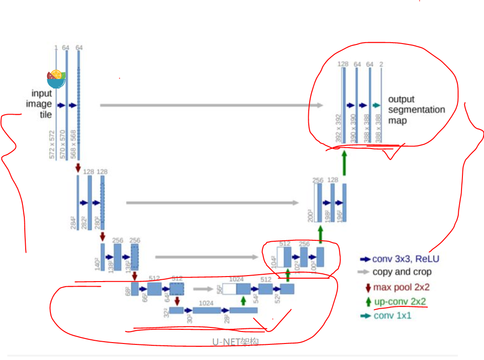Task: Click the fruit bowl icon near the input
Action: pos(56,79)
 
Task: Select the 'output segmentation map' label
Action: pos(416,110)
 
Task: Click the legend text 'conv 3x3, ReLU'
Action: pos(406,259)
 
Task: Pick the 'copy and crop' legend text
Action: pos(402,272)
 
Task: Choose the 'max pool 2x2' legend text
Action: pos(401,288)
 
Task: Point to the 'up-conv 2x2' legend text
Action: pos(400,302)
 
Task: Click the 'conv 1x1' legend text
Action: pos(393,316)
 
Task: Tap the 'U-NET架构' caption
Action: pos(235,342)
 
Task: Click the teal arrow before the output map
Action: pos(377,105)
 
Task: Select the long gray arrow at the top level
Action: pos(211,105)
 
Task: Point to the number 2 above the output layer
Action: pos(381,64)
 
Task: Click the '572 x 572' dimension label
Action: pos(52,144)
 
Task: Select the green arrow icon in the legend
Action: pos(368,302)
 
